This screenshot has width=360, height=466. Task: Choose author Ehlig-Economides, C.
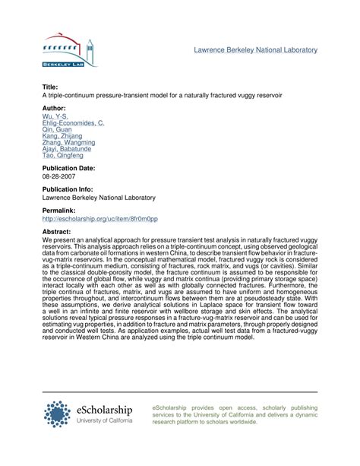[x=73, y=122]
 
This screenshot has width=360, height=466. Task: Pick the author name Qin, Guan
[x=58, y=129]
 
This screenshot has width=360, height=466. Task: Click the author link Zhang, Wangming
[x=68, y=142]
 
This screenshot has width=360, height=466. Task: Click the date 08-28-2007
[x=62, y=176]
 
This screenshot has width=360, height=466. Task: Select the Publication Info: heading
[x=72, y=189]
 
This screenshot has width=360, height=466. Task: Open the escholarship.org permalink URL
[x=99, y=218]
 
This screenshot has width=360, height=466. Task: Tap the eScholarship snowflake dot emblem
[x=58, y=414]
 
